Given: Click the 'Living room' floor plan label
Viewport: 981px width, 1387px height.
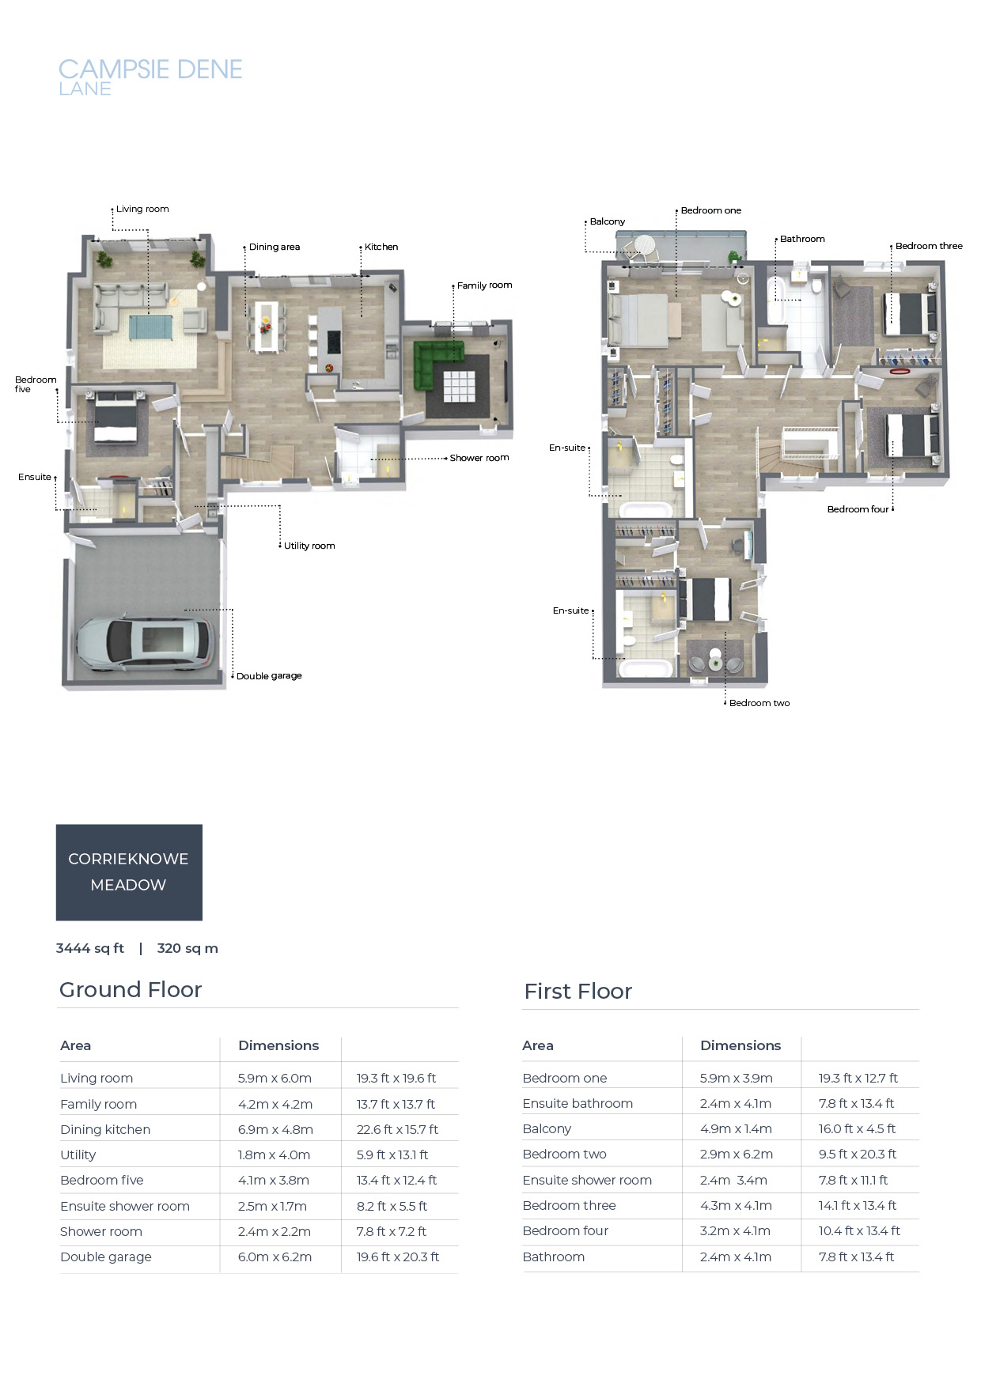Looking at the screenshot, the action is point(142,209).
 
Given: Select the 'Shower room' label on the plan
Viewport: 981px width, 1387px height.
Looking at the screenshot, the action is point(479,458).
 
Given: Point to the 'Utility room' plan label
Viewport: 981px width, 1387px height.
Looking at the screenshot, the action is point(309,546).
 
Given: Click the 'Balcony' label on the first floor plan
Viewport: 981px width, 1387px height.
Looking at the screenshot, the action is point(608,221).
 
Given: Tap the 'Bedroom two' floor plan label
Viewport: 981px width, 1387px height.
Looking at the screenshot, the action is point(759,703).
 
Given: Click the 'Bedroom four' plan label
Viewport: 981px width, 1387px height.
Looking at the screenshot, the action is point(858,509).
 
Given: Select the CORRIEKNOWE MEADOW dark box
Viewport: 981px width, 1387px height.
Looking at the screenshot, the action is point(129,872).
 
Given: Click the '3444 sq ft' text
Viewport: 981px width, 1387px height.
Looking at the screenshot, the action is point(90,948).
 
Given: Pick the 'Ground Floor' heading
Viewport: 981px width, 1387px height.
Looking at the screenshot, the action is point(131,990).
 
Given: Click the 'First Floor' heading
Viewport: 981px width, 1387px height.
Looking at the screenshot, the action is point(578,992).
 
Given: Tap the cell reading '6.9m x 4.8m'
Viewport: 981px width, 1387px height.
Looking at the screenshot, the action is point(275,1129).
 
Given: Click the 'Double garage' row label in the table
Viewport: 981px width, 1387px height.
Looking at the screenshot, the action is point(106,1257).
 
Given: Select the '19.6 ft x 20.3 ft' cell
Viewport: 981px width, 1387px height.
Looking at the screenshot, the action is point(398,1257).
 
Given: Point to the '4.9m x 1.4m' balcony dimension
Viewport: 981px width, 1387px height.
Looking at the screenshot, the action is point(736,1128).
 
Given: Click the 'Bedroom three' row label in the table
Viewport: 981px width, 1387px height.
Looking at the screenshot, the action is point(569,1205).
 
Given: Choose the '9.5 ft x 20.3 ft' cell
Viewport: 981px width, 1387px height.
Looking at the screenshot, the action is point(858,1154).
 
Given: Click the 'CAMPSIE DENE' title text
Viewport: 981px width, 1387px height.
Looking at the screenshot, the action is point(150,70).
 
